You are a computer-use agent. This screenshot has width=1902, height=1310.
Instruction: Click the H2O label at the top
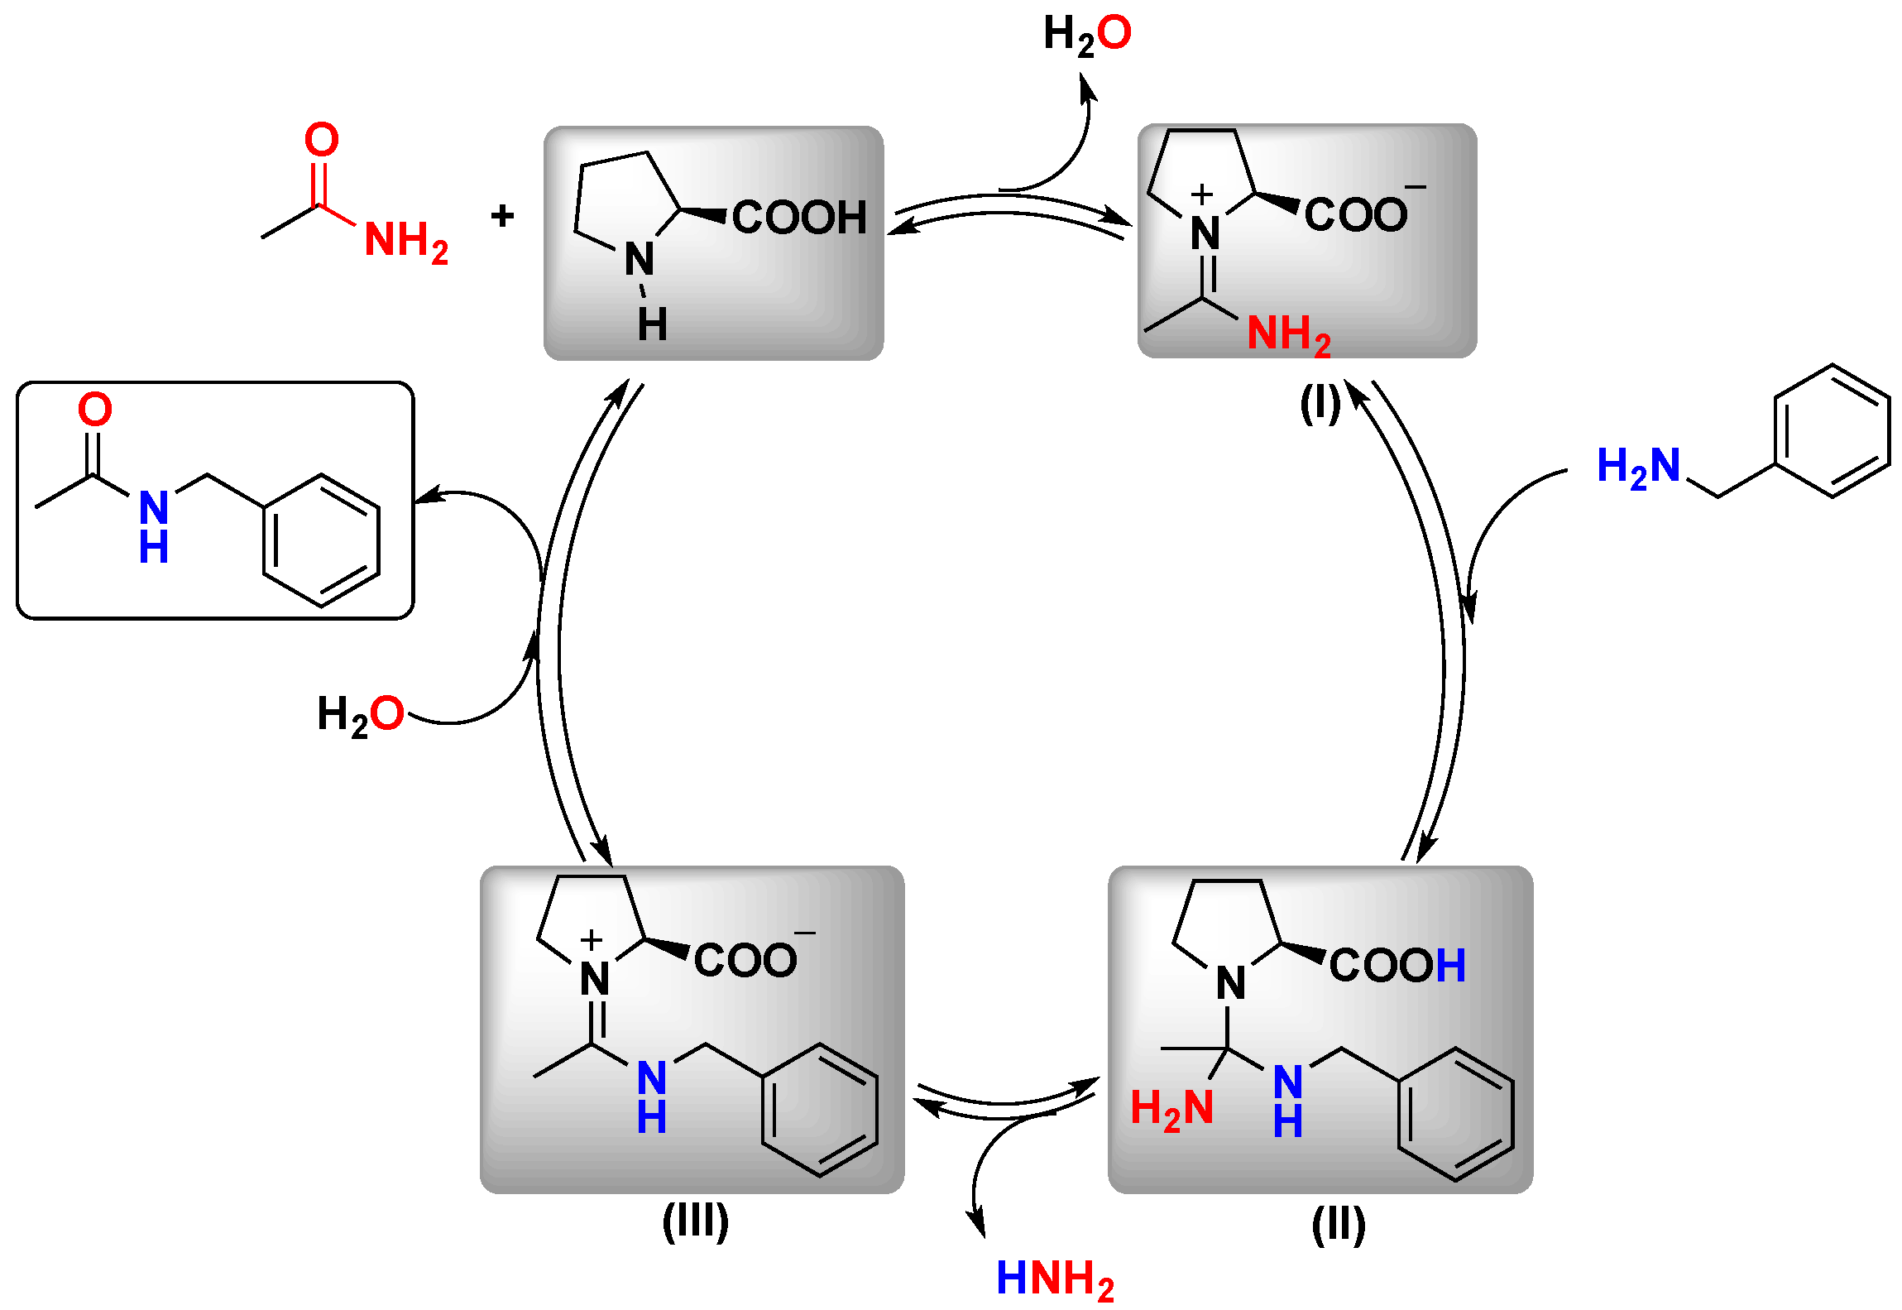click(x=1087, y=35)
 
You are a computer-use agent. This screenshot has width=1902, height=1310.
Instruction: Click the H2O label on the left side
click(x=360, y=714)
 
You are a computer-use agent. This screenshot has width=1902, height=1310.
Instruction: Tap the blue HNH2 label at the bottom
click(x=1055, y=1279)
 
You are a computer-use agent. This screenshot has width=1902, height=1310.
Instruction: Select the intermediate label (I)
click(x=1320, y=405)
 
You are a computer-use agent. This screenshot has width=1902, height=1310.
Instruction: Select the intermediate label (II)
click(x=1338, y=1225)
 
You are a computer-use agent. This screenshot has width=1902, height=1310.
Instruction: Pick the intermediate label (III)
click(x=695, y=1221)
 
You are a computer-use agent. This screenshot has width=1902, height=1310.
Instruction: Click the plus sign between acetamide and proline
click(x=502, y=216)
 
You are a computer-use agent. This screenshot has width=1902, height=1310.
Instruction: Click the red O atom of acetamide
click(x=321, y=139)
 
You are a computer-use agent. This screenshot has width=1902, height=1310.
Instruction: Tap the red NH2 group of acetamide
click(x=405, y=241)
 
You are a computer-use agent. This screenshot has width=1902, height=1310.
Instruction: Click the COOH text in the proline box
click(x=798, y=218)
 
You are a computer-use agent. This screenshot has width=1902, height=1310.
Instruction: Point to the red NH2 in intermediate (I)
click(x=1288, y=334)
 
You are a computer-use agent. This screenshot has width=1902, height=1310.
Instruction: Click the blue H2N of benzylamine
click(x=1638, y=466)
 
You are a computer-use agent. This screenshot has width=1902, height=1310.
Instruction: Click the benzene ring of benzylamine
click(x=1832, y=431)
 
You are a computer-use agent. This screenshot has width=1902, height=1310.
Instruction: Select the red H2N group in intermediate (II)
click(x=1171, y=1109)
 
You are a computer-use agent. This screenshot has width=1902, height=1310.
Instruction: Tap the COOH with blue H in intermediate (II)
click(x=1397, y=965)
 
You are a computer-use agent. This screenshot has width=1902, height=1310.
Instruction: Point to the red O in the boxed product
click(x=95, y=409)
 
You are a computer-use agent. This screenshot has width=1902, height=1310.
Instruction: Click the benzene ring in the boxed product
click(x=321, y=540)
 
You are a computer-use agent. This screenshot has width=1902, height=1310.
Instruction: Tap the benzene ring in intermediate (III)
click(x=819, y=1109)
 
